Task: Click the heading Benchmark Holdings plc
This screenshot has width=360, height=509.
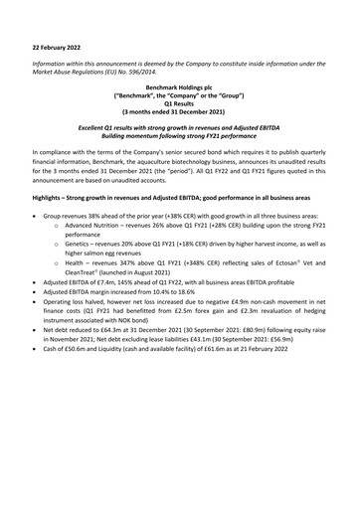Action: (x=179, y=88)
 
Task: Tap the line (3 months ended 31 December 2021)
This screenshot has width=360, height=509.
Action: (x=179, y=114)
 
